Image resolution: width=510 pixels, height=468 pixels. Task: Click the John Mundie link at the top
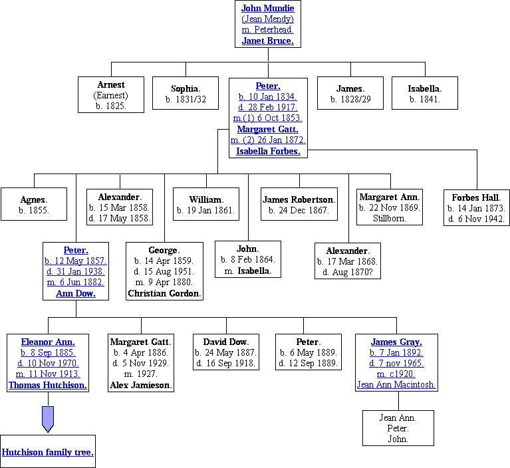[x=267, y=9]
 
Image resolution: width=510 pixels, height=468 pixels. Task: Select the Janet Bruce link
[x=267, y=41]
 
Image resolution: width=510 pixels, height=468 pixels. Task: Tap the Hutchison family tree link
[x=47, y=453]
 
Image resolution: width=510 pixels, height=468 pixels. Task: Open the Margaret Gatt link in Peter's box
[x=267, y=129]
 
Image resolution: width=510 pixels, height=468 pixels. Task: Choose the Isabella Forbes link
[x=268, y=151]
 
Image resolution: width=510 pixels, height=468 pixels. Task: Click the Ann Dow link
[x=75, y=293]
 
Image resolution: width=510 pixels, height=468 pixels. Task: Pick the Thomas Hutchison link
[x=48, y=385]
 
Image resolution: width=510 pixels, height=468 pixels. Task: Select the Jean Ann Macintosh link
[x=396, y=384]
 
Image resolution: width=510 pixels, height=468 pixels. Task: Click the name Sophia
[x=186, y=88]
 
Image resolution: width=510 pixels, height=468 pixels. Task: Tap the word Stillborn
[x=389, y=218]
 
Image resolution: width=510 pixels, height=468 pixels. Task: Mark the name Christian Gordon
[x=164, y=293]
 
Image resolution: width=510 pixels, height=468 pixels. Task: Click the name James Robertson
[x=299, y=199]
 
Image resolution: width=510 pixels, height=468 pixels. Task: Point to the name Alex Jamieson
[x=140, y=385]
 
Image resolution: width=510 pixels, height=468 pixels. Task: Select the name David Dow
[x=225, y=342]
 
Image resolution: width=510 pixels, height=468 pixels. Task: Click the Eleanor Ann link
[x=48, y=342]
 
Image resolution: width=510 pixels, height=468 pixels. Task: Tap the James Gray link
[x=396, y=342]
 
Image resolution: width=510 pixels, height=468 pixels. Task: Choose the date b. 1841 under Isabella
[x=425, y=99]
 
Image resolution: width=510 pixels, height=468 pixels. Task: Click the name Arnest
[x=111, y=84]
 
